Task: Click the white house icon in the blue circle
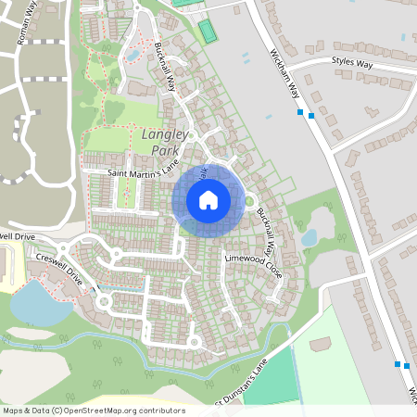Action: pos(208,200)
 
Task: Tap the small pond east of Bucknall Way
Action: pos(309,239)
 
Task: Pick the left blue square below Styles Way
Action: pos(301,113)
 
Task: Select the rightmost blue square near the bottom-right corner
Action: pos(407,366)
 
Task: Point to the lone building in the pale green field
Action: pos(321,344)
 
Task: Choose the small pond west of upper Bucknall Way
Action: pos(133,56)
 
